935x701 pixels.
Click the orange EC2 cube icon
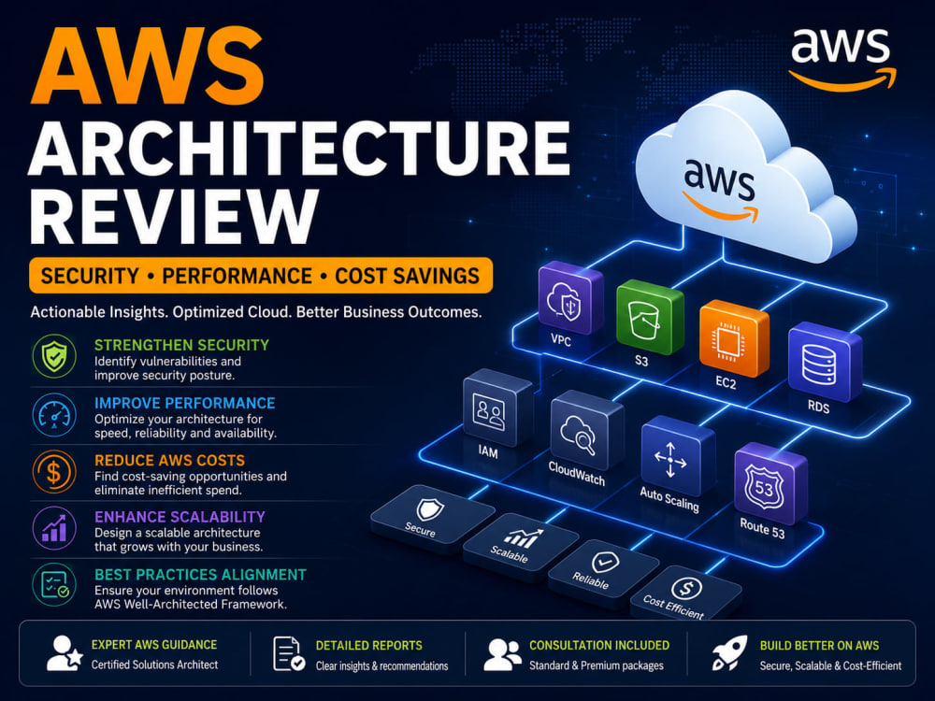coord(733,338)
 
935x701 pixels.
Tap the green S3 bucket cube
coord(650,318)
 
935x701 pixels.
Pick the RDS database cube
coord(825,362)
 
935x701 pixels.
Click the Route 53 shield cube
coord(770,483)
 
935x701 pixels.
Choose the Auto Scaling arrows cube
coord(677,455)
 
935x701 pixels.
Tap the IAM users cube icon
coord(497,408)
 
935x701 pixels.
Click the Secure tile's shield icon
coord(429,509)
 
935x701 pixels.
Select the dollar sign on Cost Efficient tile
coord(686,589)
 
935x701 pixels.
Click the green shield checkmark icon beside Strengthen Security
coord(54,356)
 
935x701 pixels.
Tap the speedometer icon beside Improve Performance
coord(54,415)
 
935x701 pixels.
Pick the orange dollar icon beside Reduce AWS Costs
coord(54,472)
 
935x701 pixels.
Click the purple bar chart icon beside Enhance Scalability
coord(54,529)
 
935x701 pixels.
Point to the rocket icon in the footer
coord(729,652)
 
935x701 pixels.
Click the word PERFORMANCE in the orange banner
coord(237,276)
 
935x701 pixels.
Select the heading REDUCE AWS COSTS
coord(169,460)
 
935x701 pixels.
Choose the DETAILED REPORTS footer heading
coord(368,646)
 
